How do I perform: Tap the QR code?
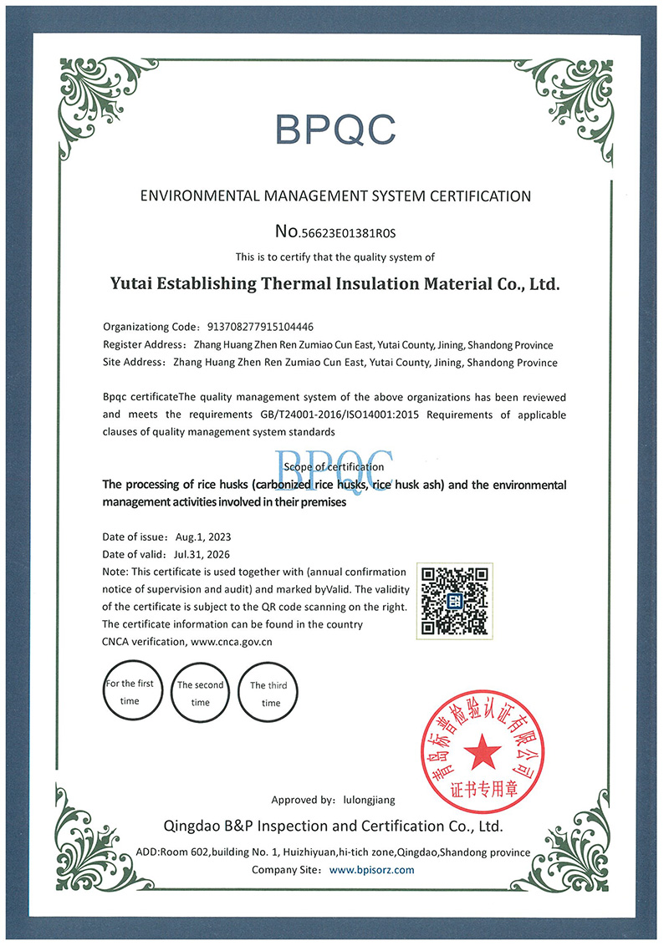pos(454,600)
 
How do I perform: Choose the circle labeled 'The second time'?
pos(200,692)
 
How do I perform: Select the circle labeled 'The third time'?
pos(269,693)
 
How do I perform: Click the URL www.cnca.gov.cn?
pos(232,642)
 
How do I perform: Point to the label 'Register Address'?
pos(142,344)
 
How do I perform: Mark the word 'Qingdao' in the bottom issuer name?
pos(193,826)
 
